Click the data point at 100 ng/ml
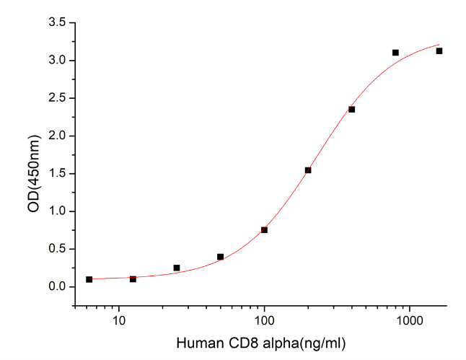[x=264, y=229]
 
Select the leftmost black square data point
[x=89, y=279]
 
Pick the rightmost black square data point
[x=439, y=51]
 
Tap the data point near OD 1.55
[x=308, y=170]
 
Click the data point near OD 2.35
[x=352, y=110]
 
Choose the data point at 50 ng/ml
[x=220, y=257]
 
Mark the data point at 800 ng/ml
[x=395, y=53]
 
